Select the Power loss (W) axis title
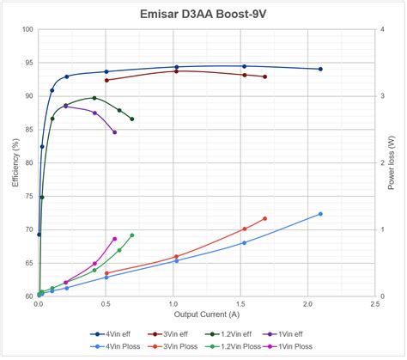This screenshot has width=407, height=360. pyautogui.click(x=392, y=162)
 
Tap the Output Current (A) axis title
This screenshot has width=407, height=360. pyautogui.click(x=206, y=314)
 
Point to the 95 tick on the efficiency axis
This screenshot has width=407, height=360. pyautogui.click(x=27, y=63)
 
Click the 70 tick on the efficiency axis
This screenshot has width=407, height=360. pyautogui.click(x=27, y=229)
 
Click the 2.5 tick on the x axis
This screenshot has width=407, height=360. pyautogui.click(x=374, y=304)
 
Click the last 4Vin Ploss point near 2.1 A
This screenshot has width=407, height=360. pyautogui.click(x=320, y=214)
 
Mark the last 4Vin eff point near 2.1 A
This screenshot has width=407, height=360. pyautogui.click(x=320, y=69)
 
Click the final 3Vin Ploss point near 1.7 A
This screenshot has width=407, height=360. pyautogui.click(x=264, y=218)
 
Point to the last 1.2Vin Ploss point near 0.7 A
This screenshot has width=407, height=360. pyautogui.click(x=131, y=235)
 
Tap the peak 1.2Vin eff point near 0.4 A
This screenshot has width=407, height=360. pyautogui.click(x=94, y=98)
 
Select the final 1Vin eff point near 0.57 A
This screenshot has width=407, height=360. pyautogui.click(x=114, y=132)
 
